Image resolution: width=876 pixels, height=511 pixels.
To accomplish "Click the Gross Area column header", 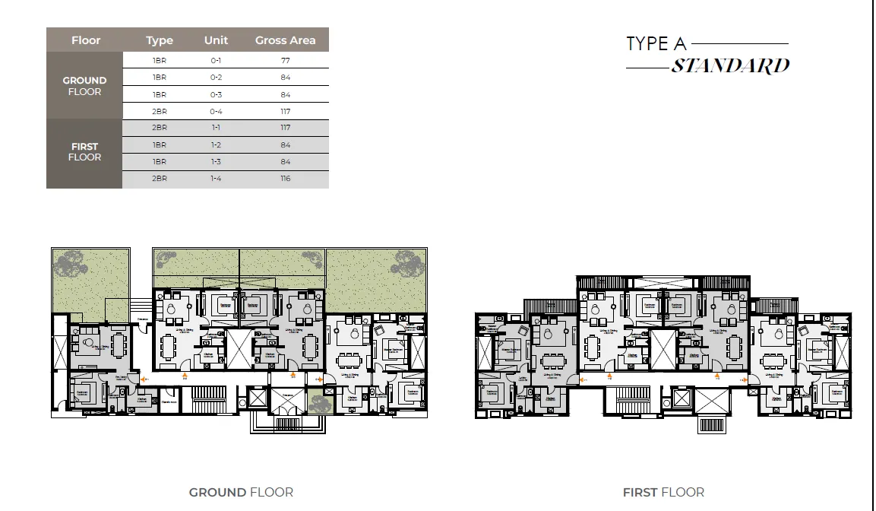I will [285, 40].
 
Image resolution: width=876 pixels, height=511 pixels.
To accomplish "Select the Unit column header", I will [216, 40].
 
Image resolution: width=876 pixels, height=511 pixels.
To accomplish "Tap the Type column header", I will [160, 40].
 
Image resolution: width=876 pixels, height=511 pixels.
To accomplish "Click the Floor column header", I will [86, 40].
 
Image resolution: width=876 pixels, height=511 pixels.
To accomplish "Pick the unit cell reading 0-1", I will [216, 61].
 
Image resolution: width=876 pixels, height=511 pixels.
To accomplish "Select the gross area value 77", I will [285, 61].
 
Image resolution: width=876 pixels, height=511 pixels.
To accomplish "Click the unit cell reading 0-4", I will [216, 111].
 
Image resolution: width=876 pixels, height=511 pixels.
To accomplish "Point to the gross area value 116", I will [285, 179].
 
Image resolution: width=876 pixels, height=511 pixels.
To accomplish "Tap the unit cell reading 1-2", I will [216, 144].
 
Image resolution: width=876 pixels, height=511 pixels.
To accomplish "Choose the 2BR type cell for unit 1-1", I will [160, 128].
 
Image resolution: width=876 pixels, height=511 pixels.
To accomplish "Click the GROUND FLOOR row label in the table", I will [84, 86].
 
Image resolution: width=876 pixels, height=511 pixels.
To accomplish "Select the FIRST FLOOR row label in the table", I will [84, 152].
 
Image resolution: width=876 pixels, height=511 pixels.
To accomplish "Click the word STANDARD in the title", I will [730, 66].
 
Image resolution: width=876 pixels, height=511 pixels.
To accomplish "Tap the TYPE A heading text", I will [656, 44].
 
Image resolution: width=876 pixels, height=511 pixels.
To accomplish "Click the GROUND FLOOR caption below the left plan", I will [241, 492].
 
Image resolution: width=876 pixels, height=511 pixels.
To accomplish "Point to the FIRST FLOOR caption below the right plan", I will [663, 492].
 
